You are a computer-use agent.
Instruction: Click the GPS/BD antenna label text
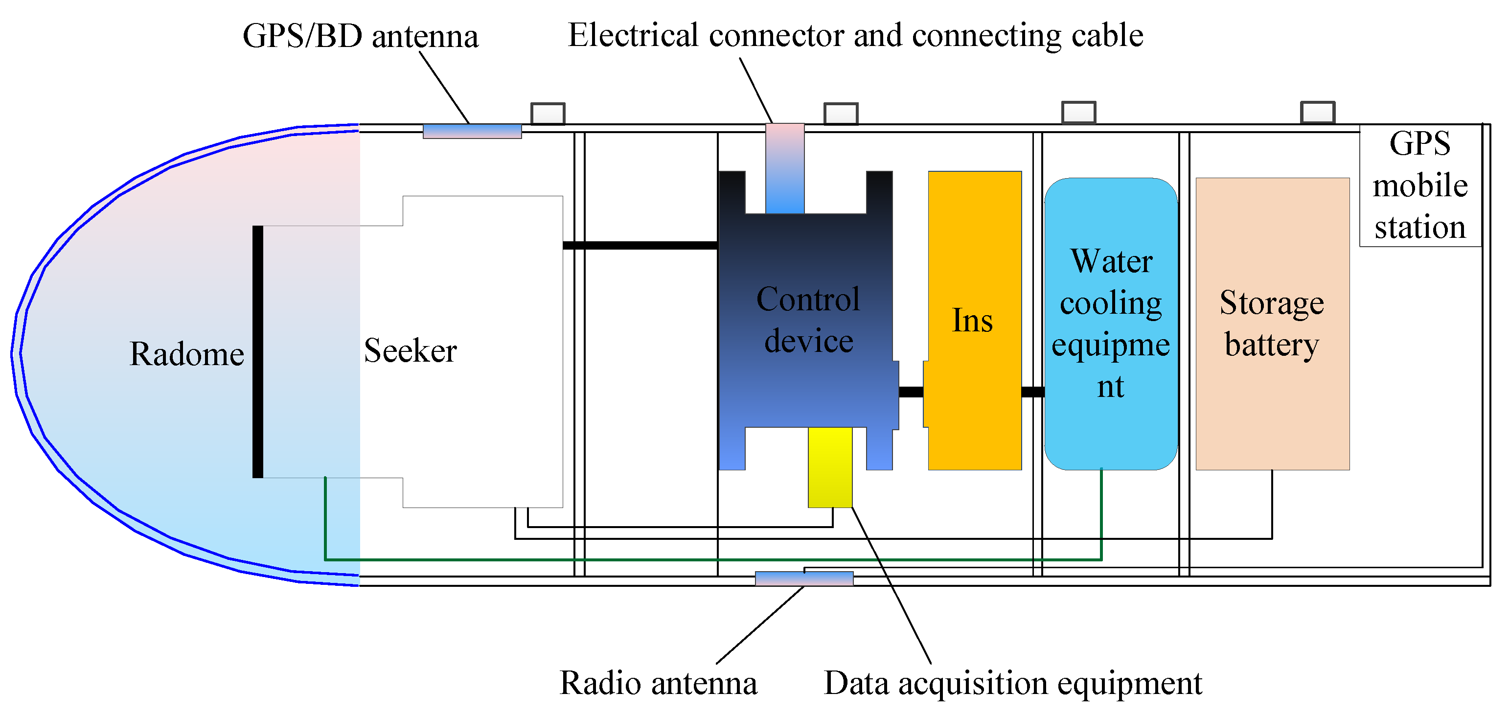(360, 36)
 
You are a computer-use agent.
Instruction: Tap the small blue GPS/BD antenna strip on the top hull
(472, 131)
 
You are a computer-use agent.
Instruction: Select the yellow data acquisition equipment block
(830, 467)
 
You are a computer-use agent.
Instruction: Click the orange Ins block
(975, 321)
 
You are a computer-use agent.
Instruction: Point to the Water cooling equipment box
(1111, 324)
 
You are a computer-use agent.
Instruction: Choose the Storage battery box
(1272, 324)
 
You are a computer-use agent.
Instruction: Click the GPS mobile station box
(1420, 185)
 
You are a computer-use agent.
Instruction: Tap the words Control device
(808, 321)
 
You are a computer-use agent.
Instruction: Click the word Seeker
(410, 351)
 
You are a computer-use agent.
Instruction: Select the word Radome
(186, 354)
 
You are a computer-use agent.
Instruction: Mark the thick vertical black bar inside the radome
(258, 351)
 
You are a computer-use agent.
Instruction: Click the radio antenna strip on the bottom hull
(804, 579)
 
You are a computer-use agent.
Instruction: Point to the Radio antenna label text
(659, 683)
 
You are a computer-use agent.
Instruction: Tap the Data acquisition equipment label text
(1013, 683)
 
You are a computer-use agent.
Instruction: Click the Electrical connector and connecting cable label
(855, 35)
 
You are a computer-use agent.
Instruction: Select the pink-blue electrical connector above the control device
(785, 168)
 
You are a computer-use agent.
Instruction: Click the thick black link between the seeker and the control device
(640, 245)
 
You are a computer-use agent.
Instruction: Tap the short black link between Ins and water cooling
(1033, 392)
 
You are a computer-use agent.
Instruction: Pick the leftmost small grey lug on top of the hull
(548, 114)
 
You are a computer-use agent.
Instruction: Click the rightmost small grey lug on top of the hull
(1318, 113)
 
